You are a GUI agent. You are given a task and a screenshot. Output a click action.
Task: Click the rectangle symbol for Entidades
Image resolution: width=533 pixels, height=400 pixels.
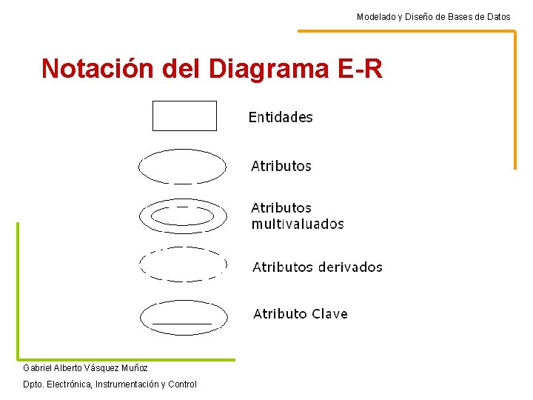pos(184,116)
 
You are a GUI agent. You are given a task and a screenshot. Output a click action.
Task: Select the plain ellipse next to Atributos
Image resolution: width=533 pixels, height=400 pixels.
pos(182,166)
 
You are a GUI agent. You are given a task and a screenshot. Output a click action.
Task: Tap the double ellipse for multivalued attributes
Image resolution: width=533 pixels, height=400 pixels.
pos(182,216)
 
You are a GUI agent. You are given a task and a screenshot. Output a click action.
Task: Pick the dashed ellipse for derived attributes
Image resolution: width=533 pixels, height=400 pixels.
pos(182,264)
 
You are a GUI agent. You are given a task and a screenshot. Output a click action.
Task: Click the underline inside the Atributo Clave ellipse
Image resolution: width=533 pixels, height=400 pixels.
pos(182,324)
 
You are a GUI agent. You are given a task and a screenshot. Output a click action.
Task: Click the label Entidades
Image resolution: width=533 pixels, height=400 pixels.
pos(281,117)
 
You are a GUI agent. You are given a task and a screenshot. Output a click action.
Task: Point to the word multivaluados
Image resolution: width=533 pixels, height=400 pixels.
pos(298,224)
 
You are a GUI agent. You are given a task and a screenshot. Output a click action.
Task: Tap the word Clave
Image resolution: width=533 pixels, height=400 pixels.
pos(329,314)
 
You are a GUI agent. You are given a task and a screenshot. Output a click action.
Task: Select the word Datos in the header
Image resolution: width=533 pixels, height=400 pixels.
pos(497,16)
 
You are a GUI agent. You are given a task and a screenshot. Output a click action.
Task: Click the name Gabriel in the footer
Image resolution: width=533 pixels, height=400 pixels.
pos(38,368)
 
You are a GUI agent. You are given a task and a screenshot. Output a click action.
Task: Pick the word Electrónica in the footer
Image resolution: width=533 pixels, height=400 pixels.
pos(67,384)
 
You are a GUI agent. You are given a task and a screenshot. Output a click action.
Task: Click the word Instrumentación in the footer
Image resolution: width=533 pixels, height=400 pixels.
pos(128,384)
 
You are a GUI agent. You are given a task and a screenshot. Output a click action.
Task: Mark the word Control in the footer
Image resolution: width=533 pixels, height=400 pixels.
pos(182,384)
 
